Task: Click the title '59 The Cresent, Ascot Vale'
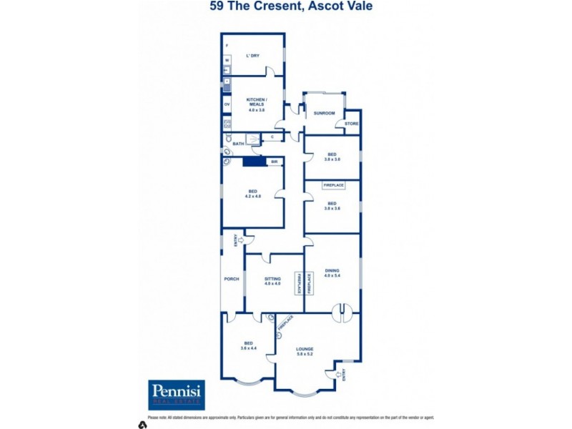291,7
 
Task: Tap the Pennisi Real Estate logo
177,395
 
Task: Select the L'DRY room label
252,55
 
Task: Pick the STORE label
351,124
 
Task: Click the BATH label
238,144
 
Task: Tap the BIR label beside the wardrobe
274,162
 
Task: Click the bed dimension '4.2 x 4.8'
253,196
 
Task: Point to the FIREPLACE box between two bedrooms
333,185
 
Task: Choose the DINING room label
332,270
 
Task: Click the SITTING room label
272,279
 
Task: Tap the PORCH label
231,279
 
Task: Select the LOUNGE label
305,349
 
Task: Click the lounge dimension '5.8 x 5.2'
305,355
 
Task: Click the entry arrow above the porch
241,240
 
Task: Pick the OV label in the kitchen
227,104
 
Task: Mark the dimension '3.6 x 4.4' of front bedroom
247,349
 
